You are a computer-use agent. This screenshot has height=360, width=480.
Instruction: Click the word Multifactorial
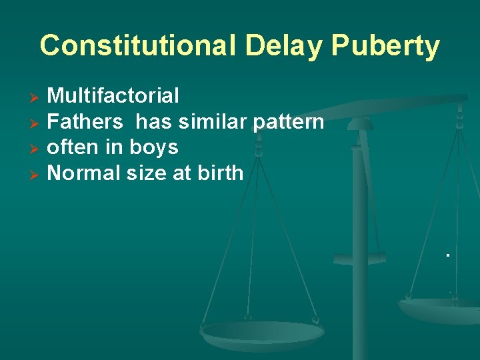pos(113,96)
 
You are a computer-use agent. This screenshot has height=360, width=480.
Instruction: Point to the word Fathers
pos(85,122)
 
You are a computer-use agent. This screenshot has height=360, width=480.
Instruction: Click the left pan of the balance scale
pos(262,333)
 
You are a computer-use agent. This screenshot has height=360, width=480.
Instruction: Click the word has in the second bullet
pos(151,122)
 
